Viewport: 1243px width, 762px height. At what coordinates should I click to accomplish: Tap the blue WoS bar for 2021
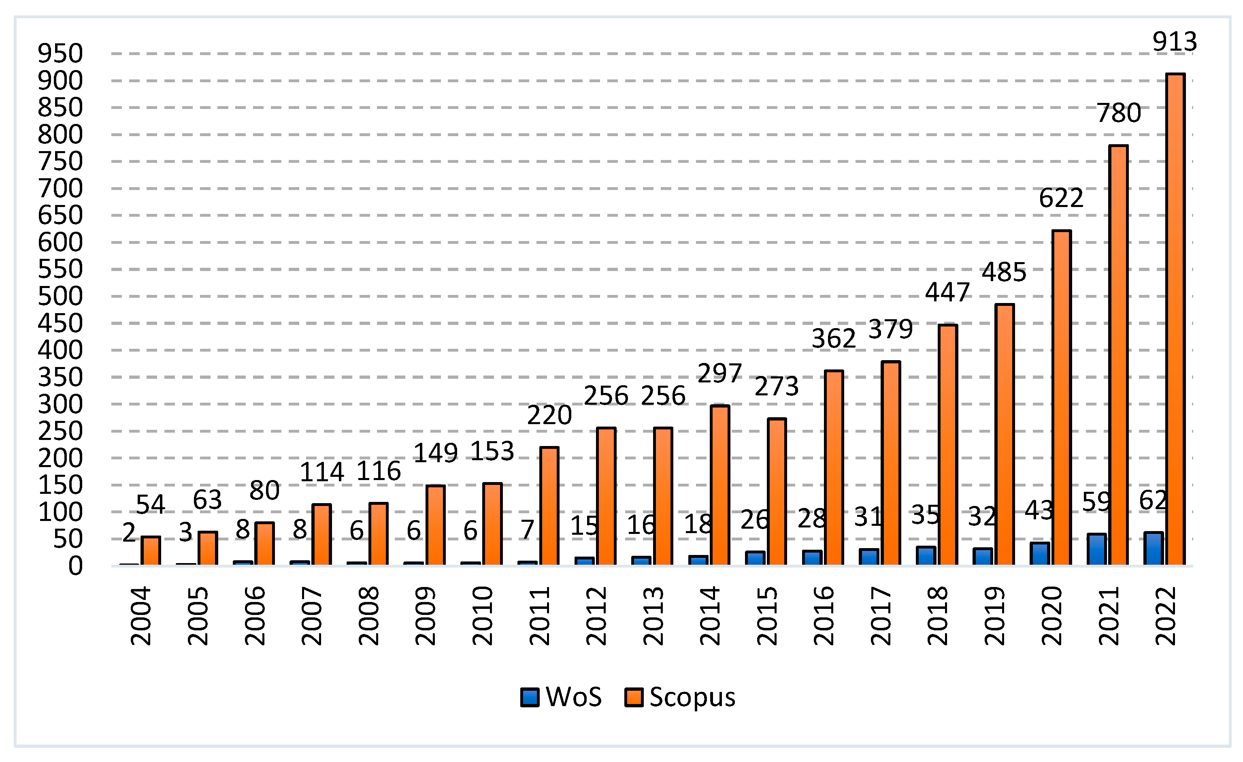[x=1097, y=550]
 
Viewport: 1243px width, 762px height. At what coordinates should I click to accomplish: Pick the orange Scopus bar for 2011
[x=549, y=506]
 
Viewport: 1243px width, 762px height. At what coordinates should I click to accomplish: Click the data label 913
[x=1175, y=41]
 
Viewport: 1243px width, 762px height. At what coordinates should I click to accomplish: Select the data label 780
[x=1118, y=113]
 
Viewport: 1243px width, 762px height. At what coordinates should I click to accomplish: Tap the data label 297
[x=720, y=374]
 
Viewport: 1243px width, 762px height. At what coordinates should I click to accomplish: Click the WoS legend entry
[x=561, y=697]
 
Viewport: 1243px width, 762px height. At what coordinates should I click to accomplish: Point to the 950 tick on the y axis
[x=60, y=53]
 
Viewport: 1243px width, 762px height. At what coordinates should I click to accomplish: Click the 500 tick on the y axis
[x=60, y=296]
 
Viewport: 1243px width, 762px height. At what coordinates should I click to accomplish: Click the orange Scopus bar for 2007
[x=321, y=535]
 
